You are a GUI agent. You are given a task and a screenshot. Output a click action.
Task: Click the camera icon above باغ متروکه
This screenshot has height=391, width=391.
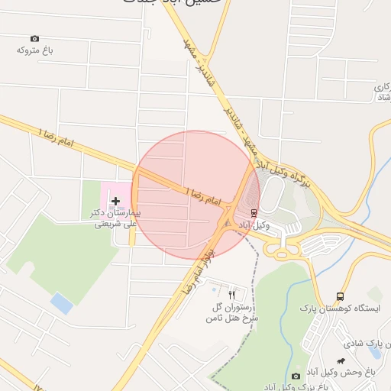[x=34, y=38]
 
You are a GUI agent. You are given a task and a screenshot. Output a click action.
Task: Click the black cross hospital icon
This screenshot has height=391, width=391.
[x=115, y=199]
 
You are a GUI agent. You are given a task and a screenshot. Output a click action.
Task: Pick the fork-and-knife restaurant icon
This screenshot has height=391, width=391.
[x=232, y=293]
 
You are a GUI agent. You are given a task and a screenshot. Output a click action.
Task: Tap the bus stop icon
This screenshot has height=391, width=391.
[x=340, y=297]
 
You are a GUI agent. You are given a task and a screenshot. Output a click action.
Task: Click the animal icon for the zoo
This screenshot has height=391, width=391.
[x=339, y=360]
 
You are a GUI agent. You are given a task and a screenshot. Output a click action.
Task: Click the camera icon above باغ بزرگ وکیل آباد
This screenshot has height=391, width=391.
[x=296, y=376]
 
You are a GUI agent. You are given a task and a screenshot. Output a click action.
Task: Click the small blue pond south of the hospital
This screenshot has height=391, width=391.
[x=62, y=304]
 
